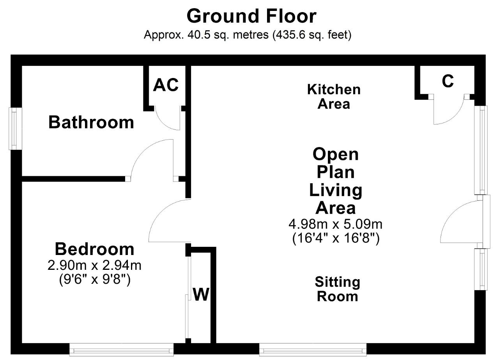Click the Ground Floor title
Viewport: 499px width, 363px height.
tap(251, 16)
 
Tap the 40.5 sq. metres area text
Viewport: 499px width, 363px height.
tap(228, 35)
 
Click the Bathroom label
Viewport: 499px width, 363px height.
tap(91, 122)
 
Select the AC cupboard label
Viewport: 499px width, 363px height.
tap(166, 85)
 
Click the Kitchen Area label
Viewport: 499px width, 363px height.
tap(334, 96)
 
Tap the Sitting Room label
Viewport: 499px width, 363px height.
tap(338, 289)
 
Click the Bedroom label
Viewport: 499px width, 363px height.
tap(95, 249)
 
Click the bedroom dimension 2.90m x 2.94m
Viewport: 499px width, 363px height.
tap(94, 266)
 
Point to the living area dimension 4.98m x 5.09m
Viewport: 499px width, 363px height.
tap(336, 224)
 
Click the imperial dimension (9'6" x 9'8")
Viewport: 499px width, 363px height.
tap(95, 280)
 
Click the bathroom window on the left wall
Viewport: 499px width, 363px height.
tap(15, 129)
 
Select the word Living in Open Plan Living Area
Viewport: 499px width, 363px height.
tap(336, 191)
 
